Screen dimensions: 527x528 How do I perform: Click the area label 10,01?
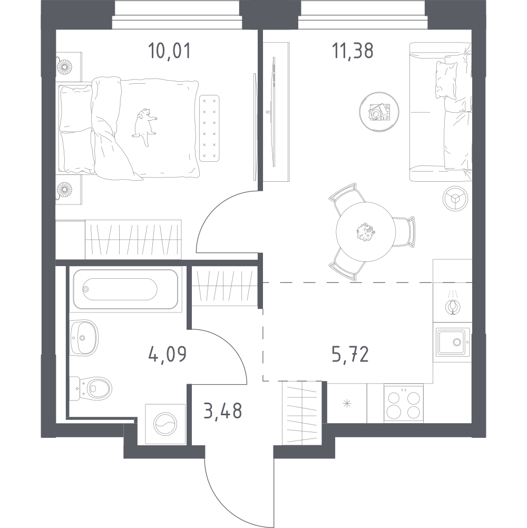[169, 51]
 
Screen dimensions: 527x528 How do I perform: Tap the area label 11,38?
[353, 51]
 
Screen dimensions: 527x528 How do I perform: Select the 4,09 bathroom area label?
[168, 354]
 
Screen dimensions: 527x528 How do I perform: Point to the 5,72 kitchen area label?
[350, 354]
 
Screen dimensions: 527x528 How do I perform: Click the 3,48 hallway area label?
[223, 411]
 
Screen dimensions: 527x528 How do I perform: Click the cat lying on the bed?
[144, 127]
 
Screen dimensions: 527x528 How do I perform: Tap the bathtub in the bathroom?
[125, 289]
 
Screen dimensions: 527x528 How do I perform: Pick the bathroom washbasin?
[84, 337]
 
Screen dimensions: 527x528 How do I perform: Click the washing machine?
[165, 424]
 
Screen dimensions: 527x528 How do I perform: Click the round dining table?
[366, 232]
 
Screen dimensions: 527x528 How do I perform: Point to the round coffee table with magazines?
[379, 112]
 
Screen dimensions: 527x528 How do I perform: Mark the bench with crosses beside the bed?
[209, 128]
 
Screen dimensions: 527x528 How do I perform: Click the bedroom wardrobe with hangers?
[133, 239]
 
